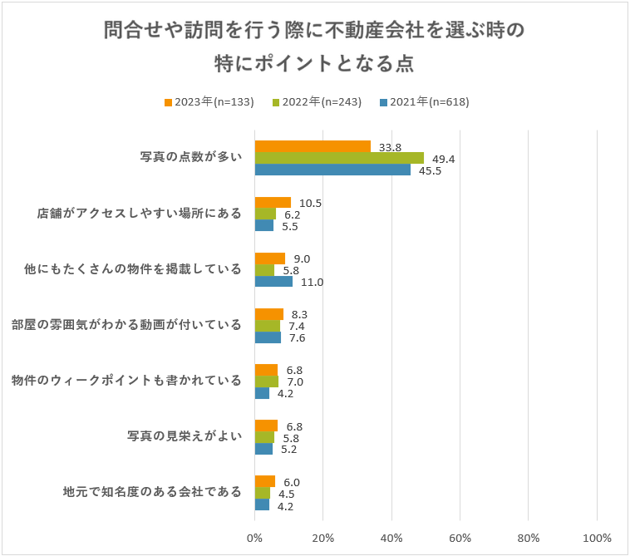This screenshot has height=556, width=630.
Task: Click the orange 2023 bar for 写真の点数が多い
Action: [313, 147]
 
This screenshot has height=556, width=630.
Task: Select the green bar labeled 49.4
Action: [339, 158]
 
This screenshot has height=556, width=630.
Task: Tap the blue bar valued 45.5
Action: [332, 170]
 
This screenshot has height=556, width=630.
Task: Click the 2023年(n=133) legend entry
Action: [209, 102]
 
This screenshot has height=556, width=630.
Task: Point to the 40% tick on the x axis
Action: [391, 538]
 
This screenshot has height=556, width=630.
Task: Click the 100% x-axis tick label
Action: [597, 538]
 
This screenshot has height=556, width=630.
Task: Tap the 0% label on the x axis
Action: [254, 538]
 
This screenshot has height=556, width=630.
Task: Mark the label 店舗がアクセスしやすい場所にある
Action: [140, 214]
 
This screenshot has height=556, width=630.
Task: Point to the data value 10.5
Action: [310, 203]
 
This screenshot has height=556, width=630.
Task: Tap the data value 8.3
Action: [299, 314]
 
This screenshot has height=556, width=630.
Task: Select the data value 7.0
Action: [294, 381]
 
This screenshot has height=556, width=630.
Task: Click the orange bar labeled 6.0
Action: [264, 481]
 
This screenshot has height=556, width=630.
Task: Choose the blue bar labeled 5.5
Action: [263, 225]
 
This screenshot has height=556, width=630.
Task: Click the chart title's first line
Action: [314, 31]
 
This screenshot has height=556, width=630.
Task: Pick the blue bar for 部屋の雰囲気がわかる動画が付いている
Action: [268, 337]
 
